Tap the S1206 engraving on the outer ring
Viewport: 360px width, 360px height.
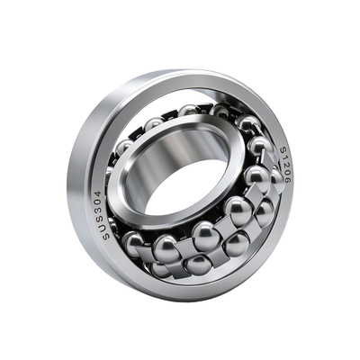coord(285,165)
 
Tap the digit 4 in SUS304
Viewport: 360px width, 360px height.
coord(98,193)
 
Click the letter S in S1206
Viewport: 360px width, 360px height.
coord(283,149)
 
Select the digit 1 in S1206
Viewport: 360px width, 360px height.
coord(284,157)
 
